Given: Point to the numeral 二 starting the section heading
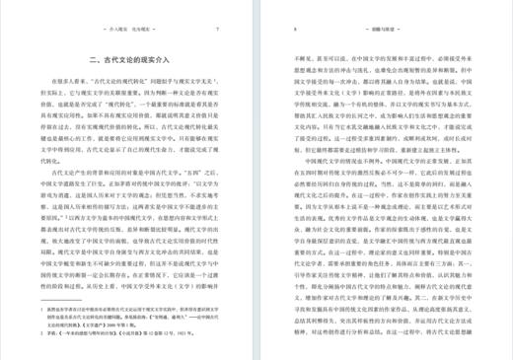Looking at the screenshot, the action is click(x=91, y=61).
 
